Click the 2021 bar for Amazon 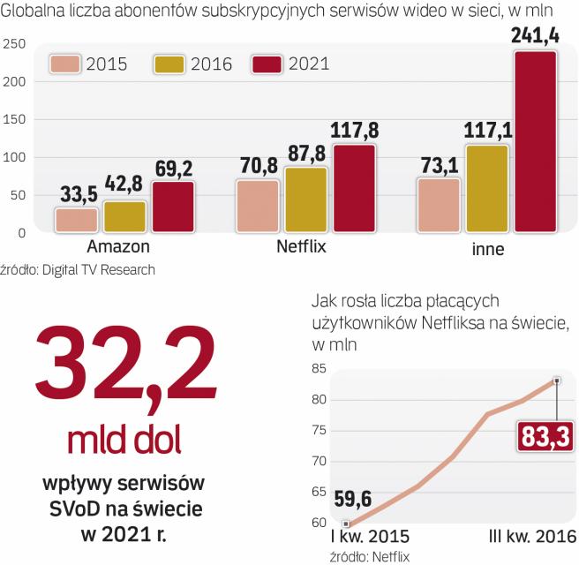pyautogui.click(x=173, y=207)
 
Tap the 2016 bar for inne pyautogui.click(x=487, y=189)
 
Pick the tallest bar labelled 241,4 pyautogui.click(x=535, y=142)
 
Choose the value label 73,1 pyautogui.click(x=439, y=165)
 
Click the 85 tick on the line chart pyautogui.click(x=319, y=369)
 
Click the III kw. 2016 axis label pyautogui.click(x=532, y=537)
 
